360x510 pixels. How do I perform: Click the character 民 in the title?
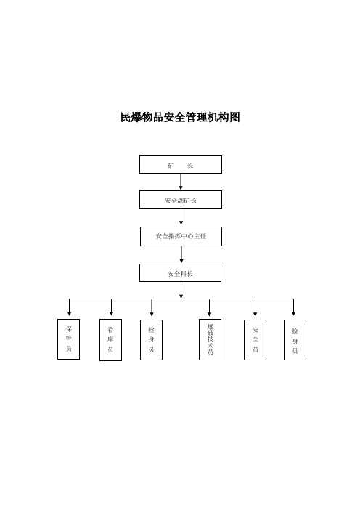(126, 117)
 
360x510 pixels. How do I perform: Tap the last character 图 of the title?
(234, 117)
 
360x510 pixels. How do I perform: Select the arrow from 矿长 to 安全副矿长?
(181, 182)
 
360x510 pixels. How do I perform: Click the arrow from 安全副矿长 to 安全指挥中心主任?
(181, 216)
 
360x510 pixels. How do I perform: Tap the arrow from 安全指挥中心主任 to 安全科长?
(181, 254)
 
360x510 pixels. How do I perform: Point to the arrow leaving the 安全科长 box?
(181, 290)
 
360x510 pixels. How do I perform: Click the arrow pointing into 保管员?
(69, 307)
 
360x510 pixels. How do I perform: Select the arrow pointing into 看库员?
(111, 307)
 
